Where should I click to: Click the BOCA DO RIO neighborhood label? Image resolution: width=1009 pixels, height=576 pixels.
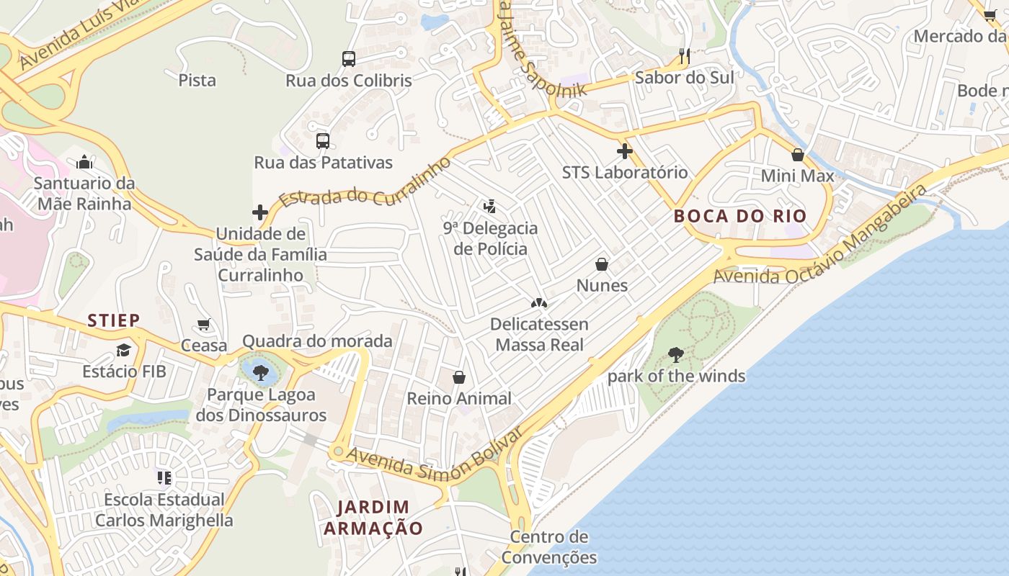pos(740,216)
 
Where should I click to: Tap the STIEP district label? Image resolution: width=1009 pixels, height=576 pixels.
pos(114,320)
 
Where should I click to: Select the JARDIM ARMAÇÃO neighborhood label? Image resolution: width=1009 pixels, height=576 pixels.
pos(373,518)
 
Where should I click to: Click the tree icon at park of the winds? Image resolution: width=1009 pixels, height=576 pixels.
pos(676,354)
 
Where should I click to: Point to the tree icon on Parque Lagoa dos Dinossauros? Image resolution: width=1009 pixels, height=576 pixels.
pos(261,372)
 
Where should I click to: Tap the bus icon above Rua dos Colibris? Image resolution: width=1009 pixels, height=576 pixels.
pos(349,59)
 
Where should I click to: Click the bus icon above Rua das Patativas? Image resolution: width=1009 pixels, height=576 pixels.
pos(323,141)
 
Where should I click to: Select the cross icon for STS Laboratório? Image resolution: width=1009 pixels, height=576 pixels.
pos(625,151)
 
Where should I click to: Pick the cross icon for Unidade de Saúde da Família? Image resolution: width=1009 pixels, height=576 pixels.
pos(260,212)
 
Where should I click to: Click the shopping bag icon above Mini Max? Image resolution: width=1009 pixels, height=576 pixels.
pos(798,155)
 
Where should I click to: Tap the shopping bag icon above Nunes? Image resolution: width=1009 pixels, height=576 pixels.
pos(602,264)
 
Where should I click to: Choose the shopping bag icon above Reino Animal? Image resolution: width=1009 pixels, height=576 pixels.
pos(459,377)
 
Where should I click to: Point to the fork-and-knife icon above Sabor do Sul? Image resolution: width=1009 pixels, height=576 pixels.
pos(685,56)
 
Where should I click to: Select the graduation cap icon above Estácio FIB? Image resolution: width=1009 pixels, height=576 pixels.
pos(124,351)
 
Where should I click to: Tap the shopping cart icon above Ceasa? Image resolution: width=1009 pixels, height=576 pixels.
pos(204,325)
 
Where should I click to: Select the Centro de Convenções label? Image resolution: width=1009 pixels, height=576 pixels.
pos(549,547)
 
